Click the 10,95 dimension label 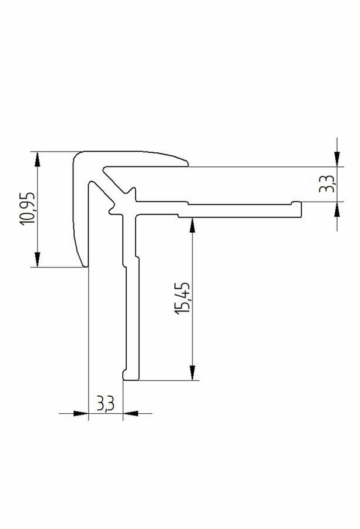coord(27,209)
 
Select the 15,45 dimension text coord(182,298)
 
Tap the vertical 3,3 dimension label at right coord(327,184)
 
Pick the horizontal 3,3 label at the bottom coord(106,403)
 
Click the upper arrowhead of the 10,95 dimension coord(38,159)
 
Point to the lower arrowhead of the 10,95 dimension coord(38,259)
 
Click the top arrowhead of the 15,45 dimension coord(192,225)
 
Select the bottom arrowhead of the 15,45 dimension coord(192,373)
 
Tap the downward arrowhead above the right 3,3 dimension coord(337,159)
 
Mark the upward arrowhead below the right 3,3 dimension coord(337,209)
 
